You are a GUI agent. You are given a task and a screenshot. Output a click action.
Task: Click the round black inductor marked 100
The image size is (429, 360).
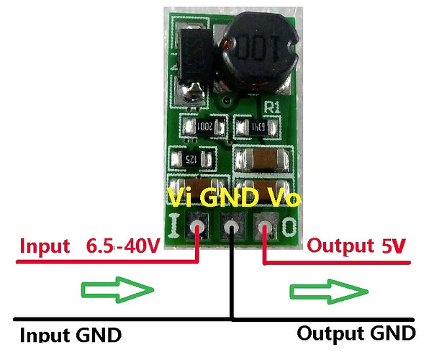(258, 52)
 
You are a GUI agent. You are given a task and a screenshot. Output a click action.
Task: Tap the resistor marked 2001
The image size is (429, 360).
(204, 127)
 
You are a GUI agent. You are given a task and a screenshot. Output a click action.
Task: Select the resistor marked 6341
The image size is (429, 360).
(258, 127)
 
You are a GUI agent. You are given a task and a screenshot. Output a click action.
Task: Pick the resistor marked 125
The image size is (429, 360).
(191, 159)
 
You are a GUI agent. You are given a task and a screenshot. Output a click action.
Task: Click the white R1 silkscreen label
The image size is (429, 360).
(273, 107)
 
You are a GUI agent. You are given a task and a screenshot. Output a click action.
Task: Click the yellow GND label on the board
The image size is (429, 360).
(230, 197)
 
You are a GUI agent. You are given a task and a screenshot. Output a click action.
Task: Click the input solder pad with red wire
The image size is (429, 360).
(197, 226)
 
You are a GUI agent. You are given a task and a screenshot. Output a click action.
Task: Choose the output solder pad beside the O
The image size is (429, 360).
(265, 226)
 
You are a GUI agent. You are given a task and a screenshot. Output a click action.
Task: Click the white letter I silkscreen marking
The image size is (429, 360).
(174, 225)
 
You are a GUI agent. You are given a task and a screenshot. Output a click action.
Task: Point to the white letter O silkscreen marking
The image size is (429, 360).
(289, 225)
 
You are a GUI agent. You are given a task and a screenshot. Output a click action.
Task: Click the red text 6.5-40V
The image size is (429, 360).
(123, 246)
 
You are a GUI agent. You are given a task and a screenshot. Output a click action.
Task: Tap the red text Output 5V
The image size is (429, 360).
(356, 246)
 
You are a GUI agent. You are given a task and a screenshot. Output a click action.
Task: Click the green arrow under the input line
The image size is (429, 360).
(117, 290)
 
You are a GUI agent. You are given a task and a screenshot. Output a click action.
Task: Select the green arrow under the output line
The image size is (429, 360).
(329, 292)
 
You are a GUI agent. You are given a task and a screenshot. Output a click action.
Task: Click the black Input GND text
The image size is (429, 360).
(71, 334)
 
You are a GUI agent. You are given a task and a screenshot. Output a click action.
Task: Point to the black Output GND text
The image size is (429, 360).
(356, 333)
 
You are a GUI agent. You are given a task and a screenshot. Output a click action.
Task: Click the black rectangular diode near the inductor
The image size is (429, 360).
(195, 57)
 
